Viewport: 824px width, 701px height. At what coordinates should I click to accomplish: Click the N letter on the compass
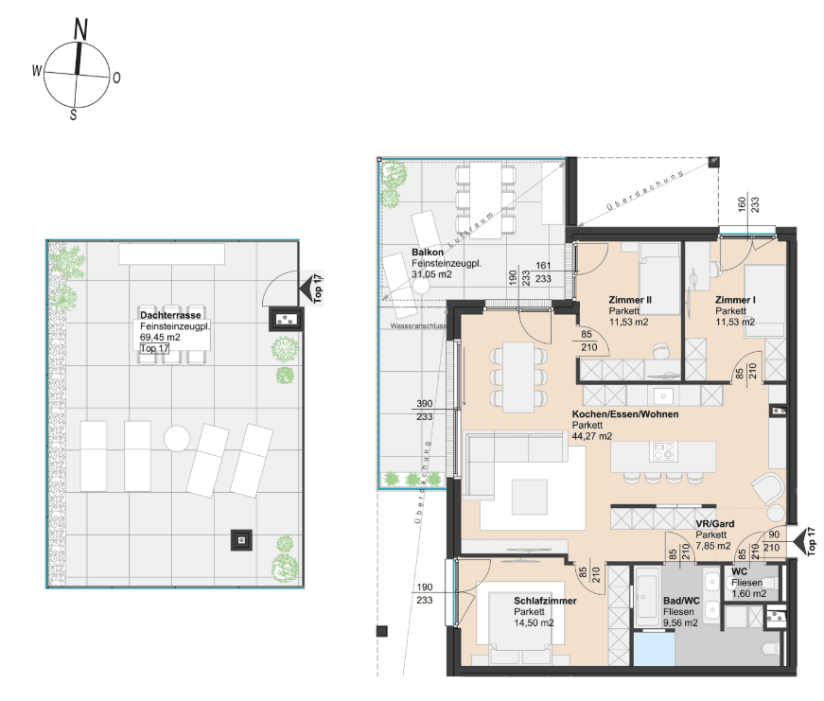point(80,29)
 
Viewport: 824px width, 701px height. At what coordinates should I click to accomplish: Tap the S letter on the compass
point(74,115)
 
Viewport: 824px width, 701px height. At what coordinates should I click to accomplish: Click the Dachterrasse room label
point(170,315)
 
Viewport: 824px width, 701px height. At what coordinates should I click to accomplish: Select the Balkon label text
point(428,253)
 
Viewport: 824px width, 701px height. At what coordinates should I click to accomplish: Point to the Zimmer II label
point(629,300)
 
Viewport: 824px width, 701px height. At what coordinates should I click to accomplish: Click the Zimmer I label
point(735,300)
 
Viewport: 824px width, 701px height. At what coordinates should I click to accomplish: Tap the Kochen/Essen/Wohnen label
point(625,414)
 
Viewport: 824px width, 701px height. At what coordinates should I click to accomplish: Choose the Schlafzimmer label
point(545,601)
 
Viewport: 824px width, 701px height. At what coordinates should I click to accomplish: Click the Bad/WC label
point(681,600)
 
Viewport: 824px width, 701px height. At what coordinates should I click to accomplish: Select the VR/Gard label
point(714,523)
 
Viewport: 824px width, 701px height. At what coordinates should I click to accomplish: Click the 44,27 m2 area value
point(591,436)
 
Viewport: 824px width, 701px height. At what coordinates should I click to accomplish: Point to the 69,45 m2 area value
point(160,338)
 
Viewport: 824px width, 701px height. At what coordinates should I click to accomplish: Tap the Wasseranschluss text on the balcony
point(418,325)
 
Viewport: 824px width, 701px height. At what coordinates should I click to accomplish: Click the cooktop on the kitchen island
point(663,451)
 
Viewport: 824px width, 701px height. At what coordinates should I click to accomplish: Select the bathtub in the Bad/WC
point(647,597)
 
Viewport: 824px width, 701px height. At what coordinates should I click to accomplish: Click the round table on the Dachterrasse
point(177,438)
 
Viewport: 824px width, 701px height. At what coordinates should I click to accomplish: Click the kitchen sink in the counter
point(664,395)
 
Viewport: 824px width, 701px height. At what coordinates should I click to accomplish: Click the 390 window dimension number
point(425,403)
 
